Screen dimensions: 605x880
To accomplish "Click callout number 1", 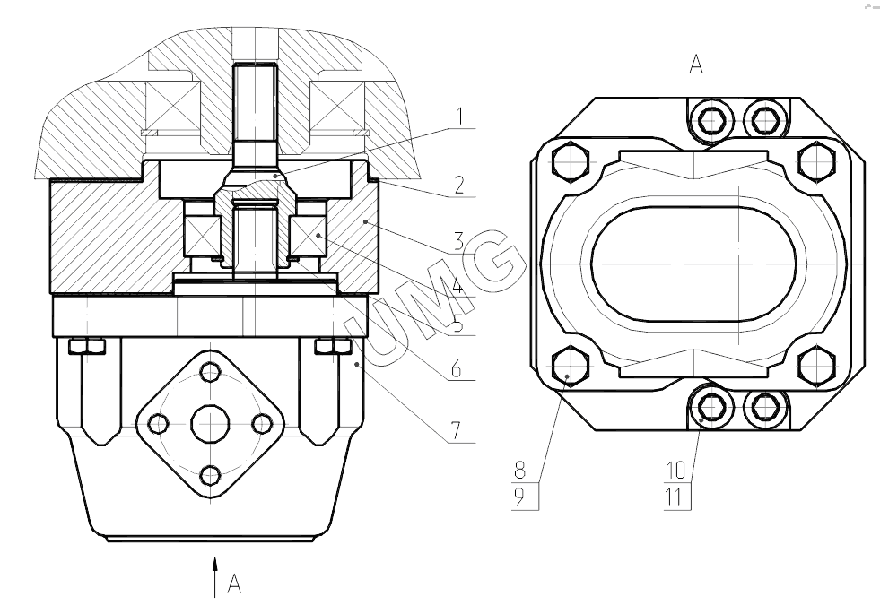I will click(x=459, y=117).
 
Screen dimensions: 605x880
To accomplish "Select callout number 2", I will click(x=459, y=186).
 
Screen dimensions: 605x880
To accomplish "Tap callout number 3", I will click(x=459, y=240).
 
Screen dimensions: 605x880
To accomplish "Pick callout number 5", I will click(x=459, y=324).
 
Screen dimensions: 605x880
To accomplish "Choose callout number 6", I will click(x=459, y=368).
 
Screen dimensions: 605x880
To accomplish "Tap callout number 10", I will click(x=675, y=468).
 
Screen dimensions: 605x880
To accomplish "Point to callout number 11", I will click(x=675, y=494).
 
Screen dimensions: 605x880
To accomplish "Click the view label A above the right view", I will click(x=695, y=65).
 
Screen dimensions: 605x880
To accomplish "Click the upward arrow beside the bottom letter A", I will click(x=215, y=574).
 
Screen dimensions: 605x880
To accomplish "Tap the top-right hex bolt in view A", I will click(x=815, y=161).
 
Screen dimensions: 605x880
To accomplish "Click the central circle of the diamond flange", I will click(x=211, y=422).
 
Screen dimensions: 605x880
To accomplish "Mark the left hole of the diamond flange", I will click(x=159, y=422).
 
